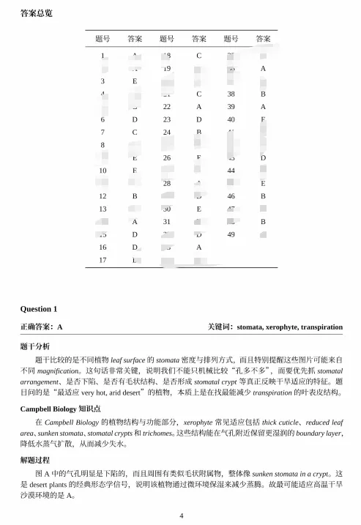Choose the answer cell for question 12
[x=135, y=196]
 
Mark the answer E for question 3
[x=135, y=81]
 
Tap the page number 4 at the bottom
[x=181, y=515]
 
